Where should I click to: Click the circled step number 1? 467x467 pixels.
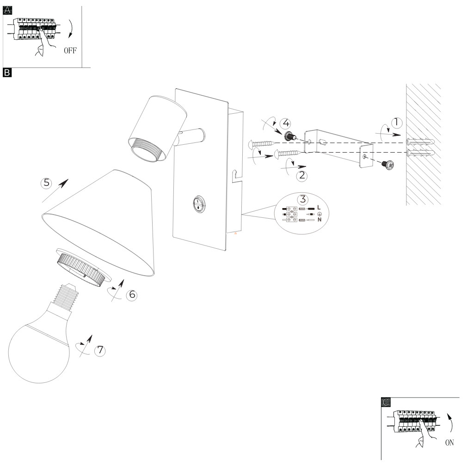tap(396, 123)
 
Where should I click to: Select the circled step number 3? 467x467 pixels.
tap(303, 200)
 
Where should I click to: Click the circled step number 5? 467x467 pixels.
tap(46, 183)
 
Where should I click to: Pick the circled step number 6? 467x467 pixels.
tap(131, 295)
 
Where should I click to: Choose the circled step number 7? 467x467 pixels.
tap(100, 350)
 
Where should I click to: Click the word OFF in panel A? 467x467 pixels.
tap(70, 51)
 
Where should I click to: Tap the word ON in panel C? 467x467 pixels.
tap(449, 442)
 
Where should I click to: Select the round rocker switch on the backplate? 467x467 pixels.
tap(199, 203)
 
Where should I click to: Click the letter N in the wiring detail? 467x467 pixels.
tap(319, 220)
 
